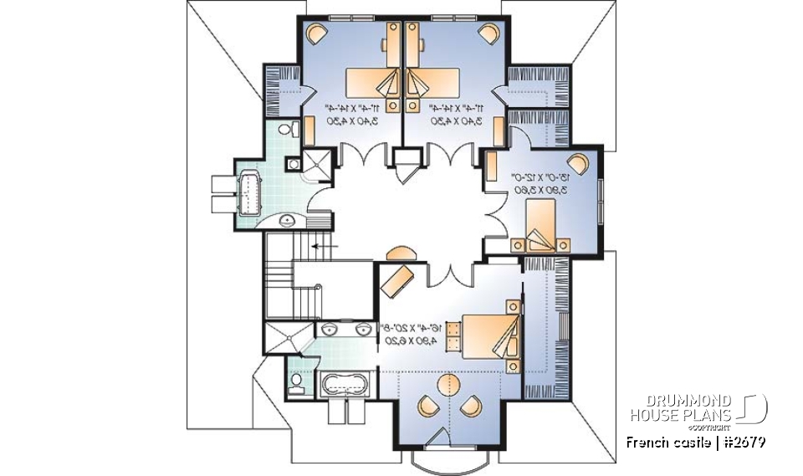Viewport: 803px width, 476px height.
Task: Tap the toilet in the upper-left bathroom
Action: point(285,130)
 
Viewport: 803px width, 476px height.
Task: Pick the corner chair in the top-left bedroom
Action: point(315,34)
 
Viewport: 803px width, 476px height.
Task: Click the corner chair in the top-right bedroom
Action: point(488,34)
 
